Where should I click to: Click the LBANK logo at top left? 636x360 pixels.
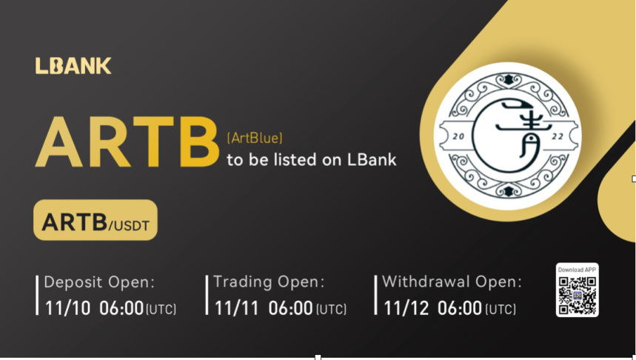tap(73, 66)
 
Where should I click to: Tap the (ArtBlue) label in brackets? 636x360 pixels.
tap(254, 137)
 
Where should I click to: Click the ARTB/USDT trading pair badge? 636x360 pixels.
tap(96, 221)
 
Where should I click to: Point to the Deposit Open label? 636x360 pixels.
tap(99, 282)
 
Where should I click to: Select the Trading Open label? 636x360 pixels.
tap(269, 282)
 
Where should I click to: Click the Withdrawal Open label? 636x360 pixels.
tap(452, 282)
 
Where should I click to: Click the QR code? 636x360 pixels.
tap(577, 295)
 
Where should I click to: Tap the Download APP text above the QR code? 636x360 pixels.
tap(577, 270)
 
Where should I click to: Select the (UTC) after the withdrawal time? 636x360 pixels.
tap(501, 310)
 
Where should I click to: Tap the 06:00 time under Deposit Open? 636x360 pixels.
tap(121, 308)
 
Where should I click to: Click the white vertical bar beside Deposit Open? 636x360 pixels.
tap(37, 295)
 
